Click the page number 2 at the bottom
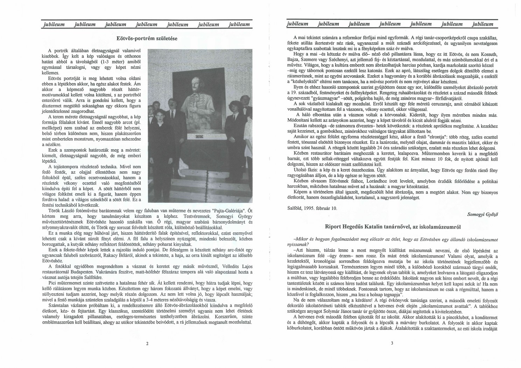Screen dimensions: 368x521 [x=147, y=344]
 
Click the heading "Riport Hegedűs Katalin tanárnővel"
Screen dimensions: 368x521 [x=392, y=227]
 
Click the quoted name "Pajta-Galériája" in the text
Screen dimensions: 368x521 [x=228, y=211]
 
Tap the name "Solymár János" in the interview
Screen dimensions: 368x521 [x=353, y=311]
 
